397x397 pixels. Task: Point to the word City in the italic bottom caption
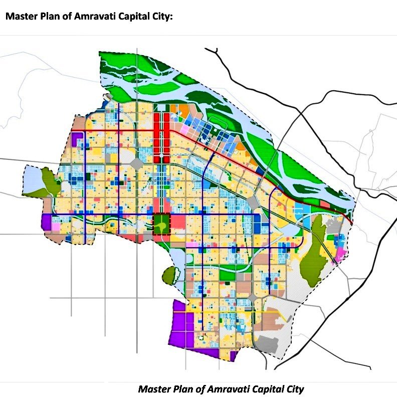[x=293, y=389]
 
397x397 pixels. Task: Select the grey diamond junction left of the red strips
[x=136, y=163]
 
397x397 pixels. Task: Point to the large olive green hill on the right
[x=317, y=245]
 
